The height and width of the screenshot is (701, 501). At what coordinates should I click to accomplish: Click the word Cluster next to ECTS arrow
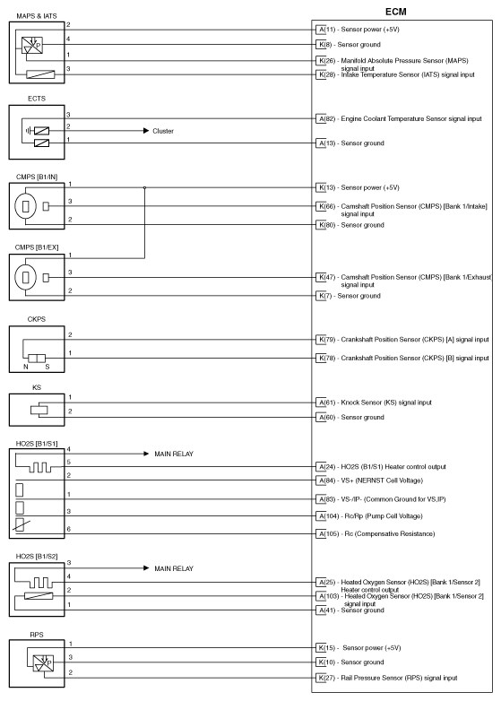point(162,131)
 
